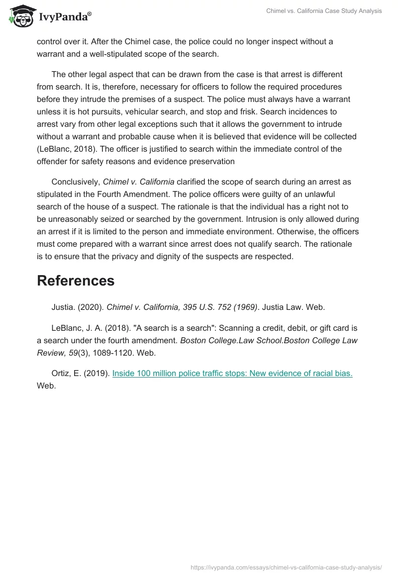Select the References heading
click(76, 281)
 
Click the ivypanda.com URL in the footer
click(286, 567)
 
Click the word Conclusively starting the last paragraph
click(75, 182)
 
